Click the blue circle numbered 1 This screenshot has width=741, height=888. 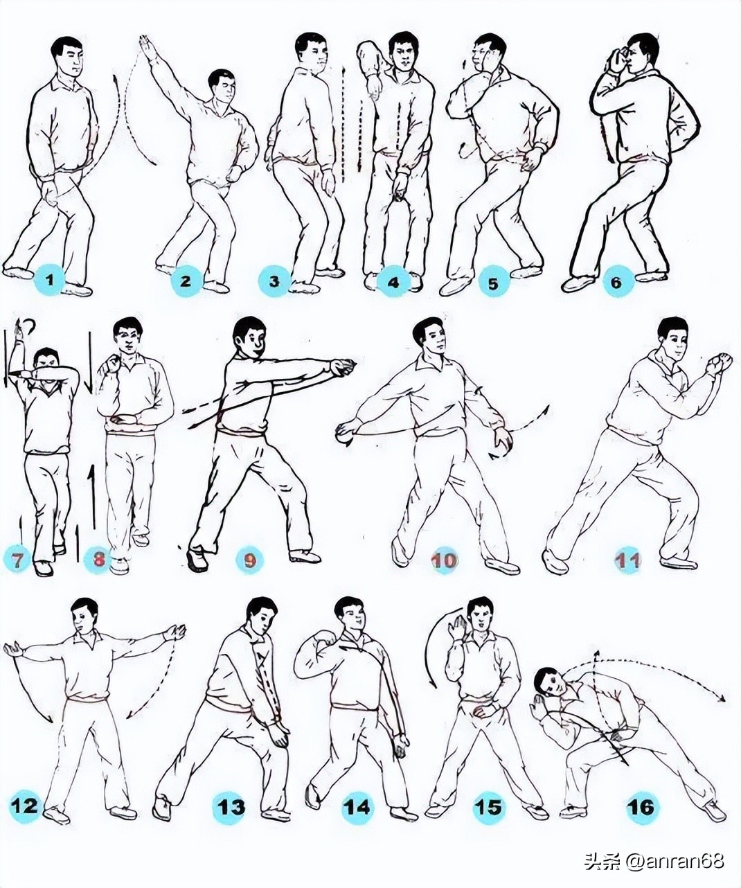pyautogui.click(x=50, y=281)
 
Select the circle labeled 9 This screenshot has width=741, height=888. pyautogui.click(x=249, y=560)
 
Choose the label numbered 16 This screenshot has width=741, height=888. pyautogui.click(x=642, y=806)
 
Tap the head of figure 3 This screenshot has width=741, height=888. pyautogui.click(x=310, y=49)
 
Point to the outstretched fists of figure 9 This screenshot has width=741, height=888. pyautogui.click(x=345, y=366)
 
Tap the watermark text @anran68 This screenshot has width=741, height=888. pyautogui.click(x=675, y=861)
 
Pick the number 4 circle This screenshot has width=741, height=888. pyautogui.click(x=393, y=281)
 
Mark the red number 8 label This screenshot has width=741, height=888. pyautogui.click(x=98, y=560)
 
